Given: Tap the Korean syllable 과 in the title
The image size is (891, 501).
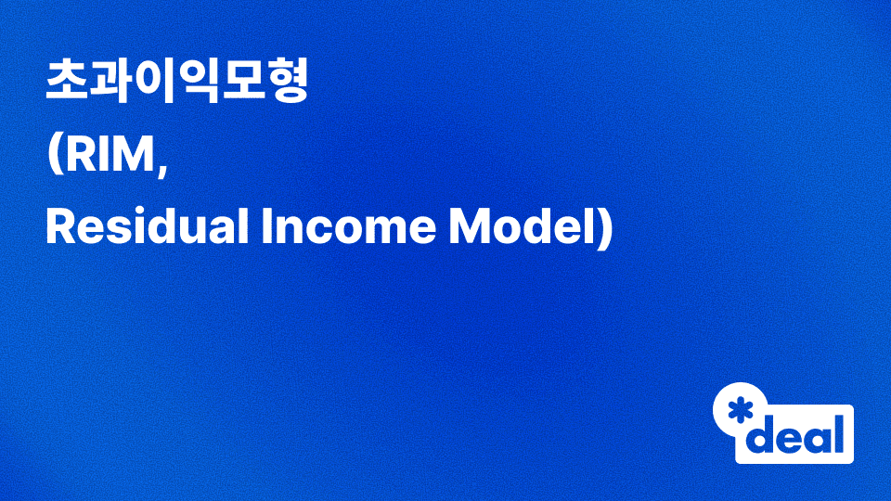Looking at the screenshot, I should [110, 83].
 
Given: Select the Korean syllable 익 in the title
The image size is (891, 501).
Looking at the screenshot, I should [197, 83].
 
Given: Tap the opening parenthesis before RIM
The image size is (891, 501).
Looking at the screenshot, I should [53, 157].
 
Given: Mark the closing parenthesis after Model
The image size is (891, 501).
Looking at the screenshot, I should [605, 229].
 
